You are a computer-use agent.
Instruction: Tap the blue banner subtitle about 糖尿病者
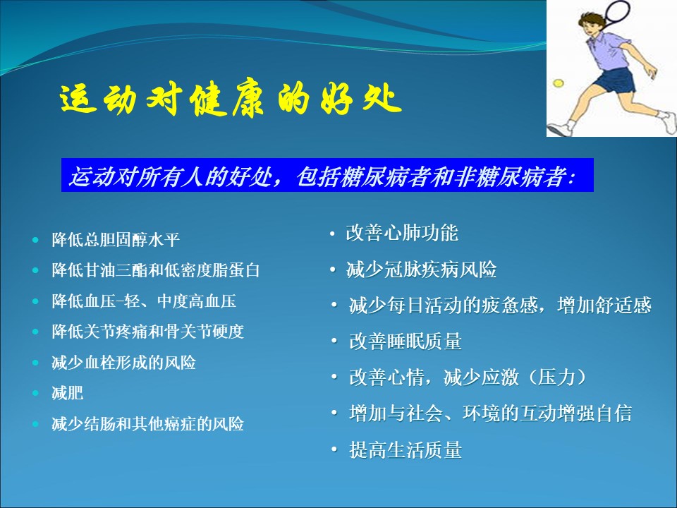click(322, 176)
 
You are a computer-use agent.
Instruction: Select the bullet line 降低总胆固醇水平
click(116, 240)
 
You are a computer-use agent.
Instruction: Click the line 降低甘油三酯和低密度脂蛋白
click(155, 270)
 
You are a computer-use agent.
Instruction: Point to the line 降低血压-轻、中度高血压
click(144, 301)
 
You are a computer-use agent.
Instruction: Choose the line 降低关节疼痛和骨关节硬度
click(147, 332)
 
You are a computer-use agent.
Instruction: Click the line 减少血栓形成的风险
click(123, 363)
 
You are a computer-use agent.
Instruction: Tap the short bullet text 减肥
click(68, 393)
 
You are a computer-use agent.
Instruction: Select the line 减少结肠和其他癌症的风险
click(147, 424)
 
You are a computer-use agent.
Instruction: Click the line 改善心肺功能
click(402, 233)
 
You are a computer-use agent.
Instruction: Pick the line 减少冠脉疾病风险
click(422, 270)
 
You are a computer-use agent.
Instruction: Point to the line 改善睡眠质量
click(405, 341)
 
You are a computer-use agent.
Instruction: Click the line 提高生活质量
click(405, 449)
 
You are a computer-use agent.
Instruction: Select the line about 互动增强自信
click(491, 413)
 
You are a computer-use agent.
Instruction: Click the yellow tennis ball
click(559, 83)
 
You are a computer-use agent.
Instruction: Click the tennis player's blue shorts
click(615, 80)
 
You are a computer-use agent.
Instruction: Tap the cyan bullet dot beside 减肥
click(35, 393)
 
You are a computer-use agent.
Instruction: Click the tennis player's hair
click(592, 20)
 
